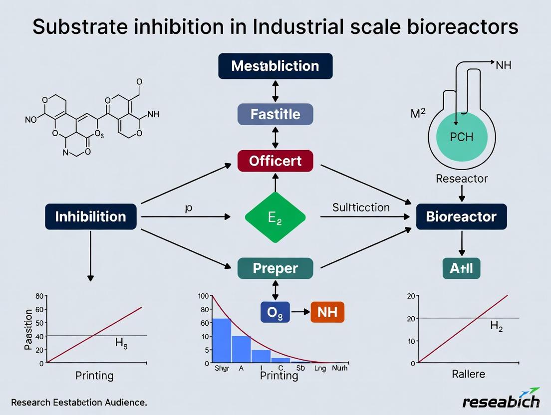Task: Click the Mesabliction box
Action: point(275,66)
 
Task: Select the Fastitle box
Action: point(275,114)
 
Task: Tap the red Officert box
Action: point(275,161)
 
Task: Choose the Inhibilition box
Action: point(90,216)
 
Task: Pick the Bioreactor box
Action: point(461,216)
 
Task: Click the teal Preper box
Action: point(275,268)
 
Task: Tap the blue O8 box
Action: point(275,312)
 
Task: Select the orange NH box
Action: point(327,312)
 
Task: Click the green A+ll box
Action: point(461,269)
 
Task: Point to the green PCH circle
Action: point(461,137)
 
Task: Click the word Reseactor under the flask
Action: point(462,178)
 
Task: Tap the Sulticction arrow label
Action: point(361,207)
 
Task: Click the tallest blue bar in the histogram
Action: point(222,340)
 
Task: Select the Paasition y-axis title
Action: point(28,329)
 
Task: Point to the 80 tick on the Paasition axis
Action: point(39,296)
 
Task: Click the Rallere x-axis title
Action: point(469,374)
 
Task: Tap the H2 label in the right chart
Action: point(497,326)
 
